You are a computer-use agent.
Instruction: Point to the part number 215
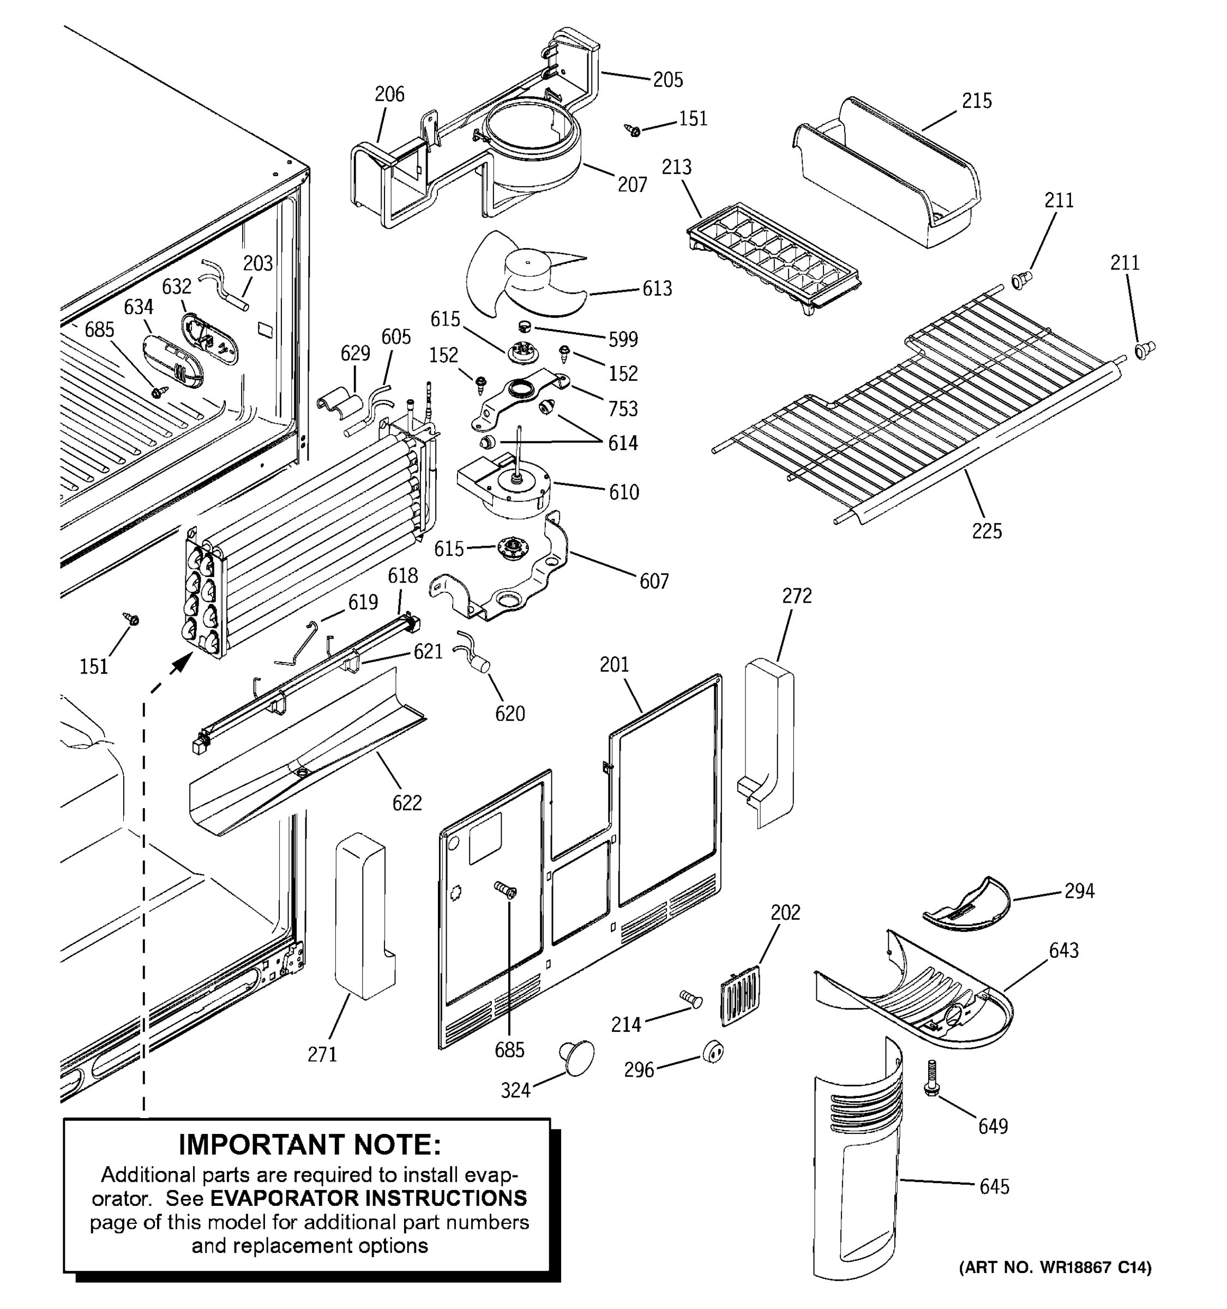(976, 101)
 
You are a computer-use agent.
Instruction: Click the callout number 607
(654, 581)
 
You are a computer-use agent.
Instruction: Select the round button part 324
(578, 1058)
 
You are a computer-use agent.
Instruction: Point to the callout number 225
(987, 531)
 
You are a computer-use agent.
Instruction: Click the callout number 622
(407, 803)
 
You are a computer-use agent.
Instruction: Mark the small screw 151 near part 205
(633, 130)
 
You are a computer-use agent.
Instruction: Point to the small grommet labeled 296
(713, 1052)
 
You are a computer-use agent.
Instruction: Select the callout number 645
(994, 1186)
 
